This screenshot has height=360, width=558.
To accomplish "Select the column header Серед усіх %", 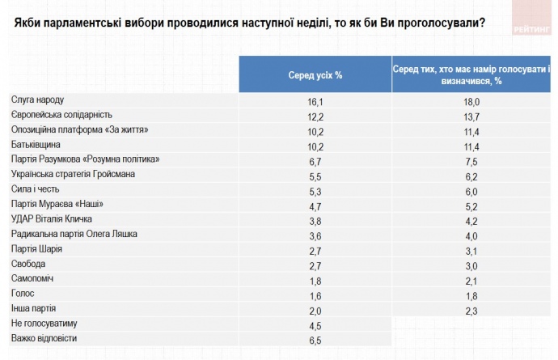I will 315,74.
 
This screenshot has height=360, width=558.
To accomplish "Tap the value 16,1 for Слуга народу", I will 315,101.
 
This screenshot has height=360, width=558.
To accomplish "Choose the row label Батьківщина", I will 36,144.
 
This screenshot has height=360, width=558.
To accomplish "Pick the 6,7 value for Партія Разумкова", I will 315,159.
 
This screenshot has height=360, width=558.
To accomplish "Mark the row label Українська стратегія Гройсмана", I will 73,174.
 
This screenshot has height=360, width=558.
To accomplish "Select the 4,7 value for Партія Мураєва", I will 315,205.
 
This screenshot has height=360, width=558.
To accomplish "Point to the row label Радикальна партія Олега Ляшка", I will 74,234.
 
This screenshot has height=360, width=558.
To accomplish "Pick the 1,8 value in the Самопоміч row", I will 315,279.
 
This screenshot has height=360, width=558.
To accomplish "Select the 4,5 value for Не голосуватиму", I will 315,324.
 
